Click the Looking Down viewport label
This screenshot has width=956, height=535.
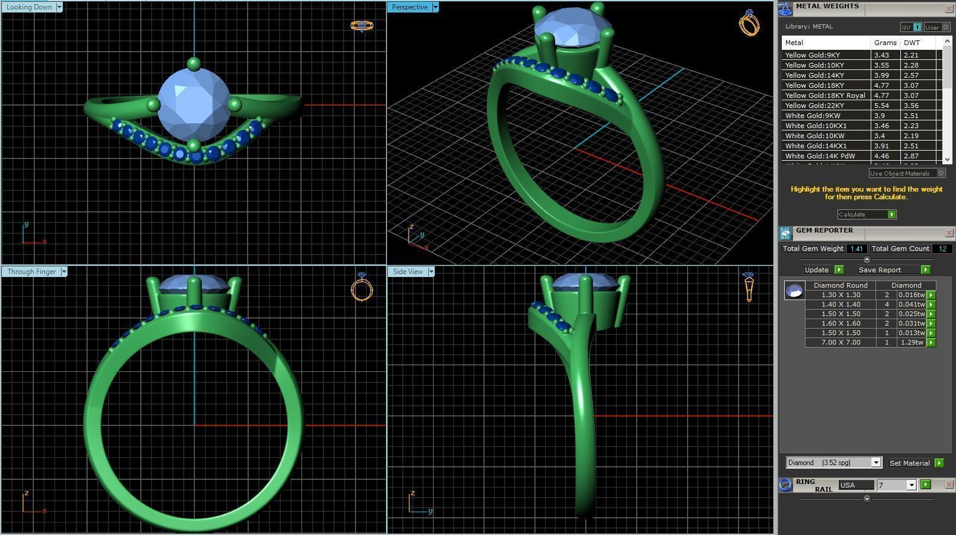(x=29, y=7)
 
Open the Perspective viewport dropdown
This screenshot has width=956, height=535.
(x=435, y=7)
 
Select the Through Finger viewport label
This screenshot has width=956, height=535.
(x=31, y=272)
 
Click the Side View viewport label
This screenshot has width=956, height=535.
(x=408, y=272)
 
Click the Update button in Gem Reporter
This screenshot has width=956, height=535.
(x=817, y=270)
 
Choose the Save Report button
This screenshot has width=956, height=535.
(x=880, y=270)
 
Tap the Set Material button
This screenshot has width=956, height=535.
(x=909, y=463)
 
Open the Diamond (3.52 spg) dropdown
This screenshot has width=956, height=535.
(x=875, y=463)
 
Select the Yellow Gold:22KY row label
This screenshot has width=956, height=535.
(x=814, y=106)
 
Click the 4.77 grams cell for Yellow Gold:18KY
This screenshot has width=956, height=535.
(x=882, y=85)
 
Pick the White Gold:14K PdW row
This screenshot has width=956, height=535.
(x=820, y=156)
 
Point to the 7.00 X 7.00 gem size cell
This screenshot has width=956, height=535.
(x=840, y=342)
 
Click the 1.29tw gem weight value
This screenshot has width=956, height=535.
(x=912, y=342)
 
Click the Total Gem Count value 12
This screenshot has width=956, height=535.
(x=942, y=249)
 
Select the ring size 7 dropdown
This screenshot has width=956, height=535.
(x=897, y=485)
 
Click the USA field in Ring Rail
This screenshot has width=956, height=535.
(x=855, y=485)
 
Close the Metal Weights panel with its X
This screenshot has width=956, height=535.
(x=949, y=8)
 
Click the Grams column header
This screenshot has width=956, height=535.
(x=885, y=43)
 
